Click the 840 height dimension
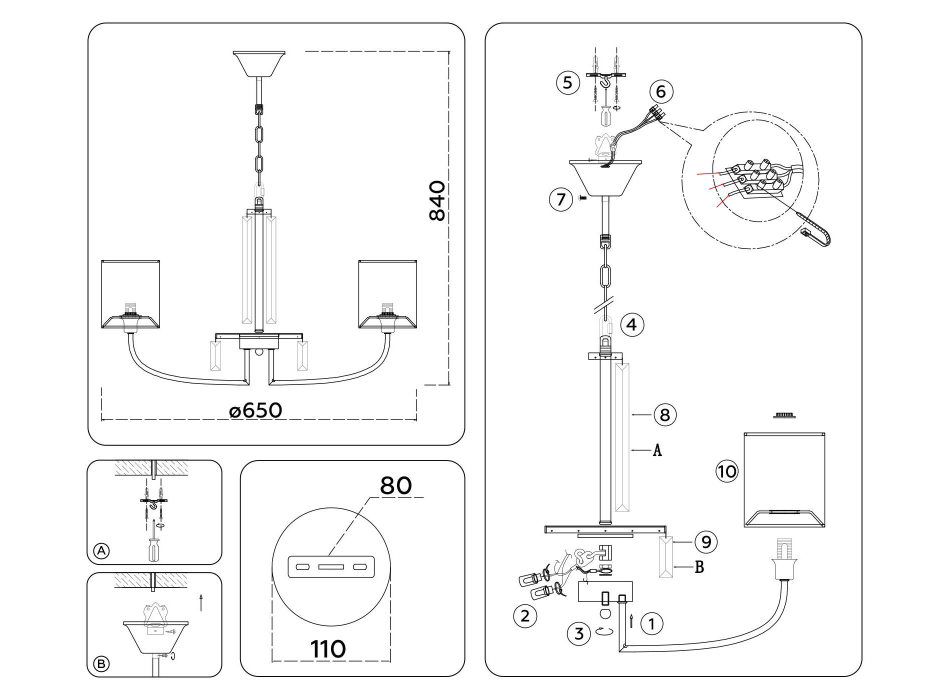[437, 200]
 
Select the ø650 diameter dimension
[255, 410]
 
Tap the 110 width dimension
[328, 649]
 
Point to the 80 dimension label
[396, 485]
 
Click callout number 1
[651, 623]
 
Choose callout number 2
[525, 615]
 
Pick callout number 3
[579, 634]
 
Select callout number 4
[631, 325]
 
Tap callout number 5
[567, 82]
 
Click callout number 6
[661, 92]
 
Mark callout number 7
[560, 199]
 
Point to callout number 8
[665, 414]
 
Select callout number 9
[706, 542]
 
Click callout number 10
[726, 471]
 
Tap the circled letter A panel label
[101, 551]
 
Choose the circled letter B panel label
[101, 663]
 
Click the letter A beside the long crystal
[657, 450]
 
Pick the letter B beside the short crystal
[699, 567]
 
